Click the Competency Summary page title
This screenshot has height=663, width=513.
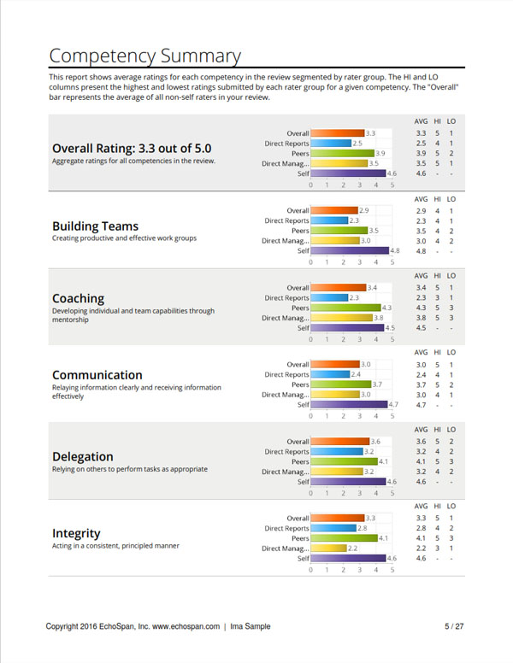(144, 56)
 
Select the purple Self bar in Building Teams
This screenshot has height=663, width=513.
(350, 250)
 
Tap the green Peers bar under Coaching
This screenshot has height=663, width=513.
(345, 308)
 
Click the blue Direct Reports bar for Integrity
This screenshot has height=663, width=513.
(333, 528)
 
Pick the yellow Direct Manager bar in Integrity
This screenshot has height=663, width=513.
(328, 549)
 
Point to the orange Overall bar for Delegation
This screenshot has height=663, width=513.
(340, 442)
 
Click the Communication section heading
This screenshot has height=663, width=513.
(97, 375)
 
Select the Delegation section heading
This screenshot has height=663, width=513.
(83, 456)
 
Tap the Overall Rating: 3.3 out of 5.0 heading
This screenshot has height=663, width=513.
(132, 149)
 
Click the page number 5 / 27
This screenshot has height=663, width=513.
(454, 626)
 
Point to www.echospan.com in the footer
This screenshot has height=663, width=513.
(186, 626)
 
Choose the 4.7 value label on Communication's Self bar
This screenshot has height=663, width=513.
(393, 405)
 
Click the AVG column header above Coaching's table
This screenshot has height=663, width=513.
(421, 276)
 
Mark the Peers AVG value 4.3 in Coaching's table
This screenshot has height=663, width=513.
(421, 308)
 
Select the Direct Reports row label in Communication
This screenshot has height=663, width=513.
(286, 374)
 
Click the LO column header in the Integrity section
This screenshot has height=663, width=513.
(451, 506)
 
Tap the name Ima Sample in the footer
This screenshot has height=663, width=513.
(251, 626)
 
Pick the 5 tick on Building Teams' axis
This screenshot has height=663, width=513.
(392, 262)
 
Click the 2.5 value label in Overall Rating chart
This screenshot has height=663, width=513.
(357, 144)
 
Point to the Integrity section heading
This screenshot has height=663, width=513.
(76, 534)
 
